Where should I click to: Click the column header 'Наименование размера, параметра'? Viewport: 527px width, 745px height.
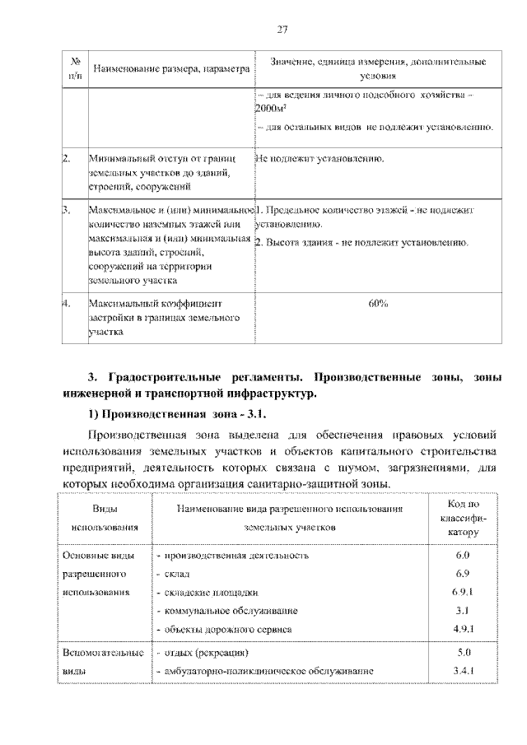pos(170,70)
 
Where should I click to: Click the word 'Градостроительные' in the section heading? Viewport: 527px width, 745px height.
pos(163,377)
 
